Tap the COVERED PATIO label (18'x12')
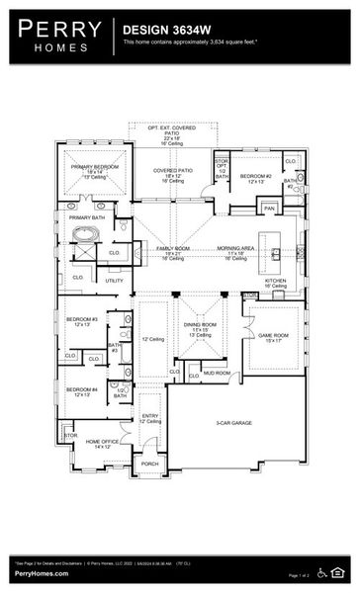(171, 171)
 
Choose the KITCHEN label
(275, 280)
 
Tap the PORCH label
(149, 463)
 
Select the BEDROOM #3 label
(81, 320)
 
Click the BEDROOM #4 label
(81, 390)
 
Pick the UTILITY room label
(115, 281)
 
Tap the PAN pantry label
(269, 209)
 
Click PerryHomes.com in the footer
(41, 573)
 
